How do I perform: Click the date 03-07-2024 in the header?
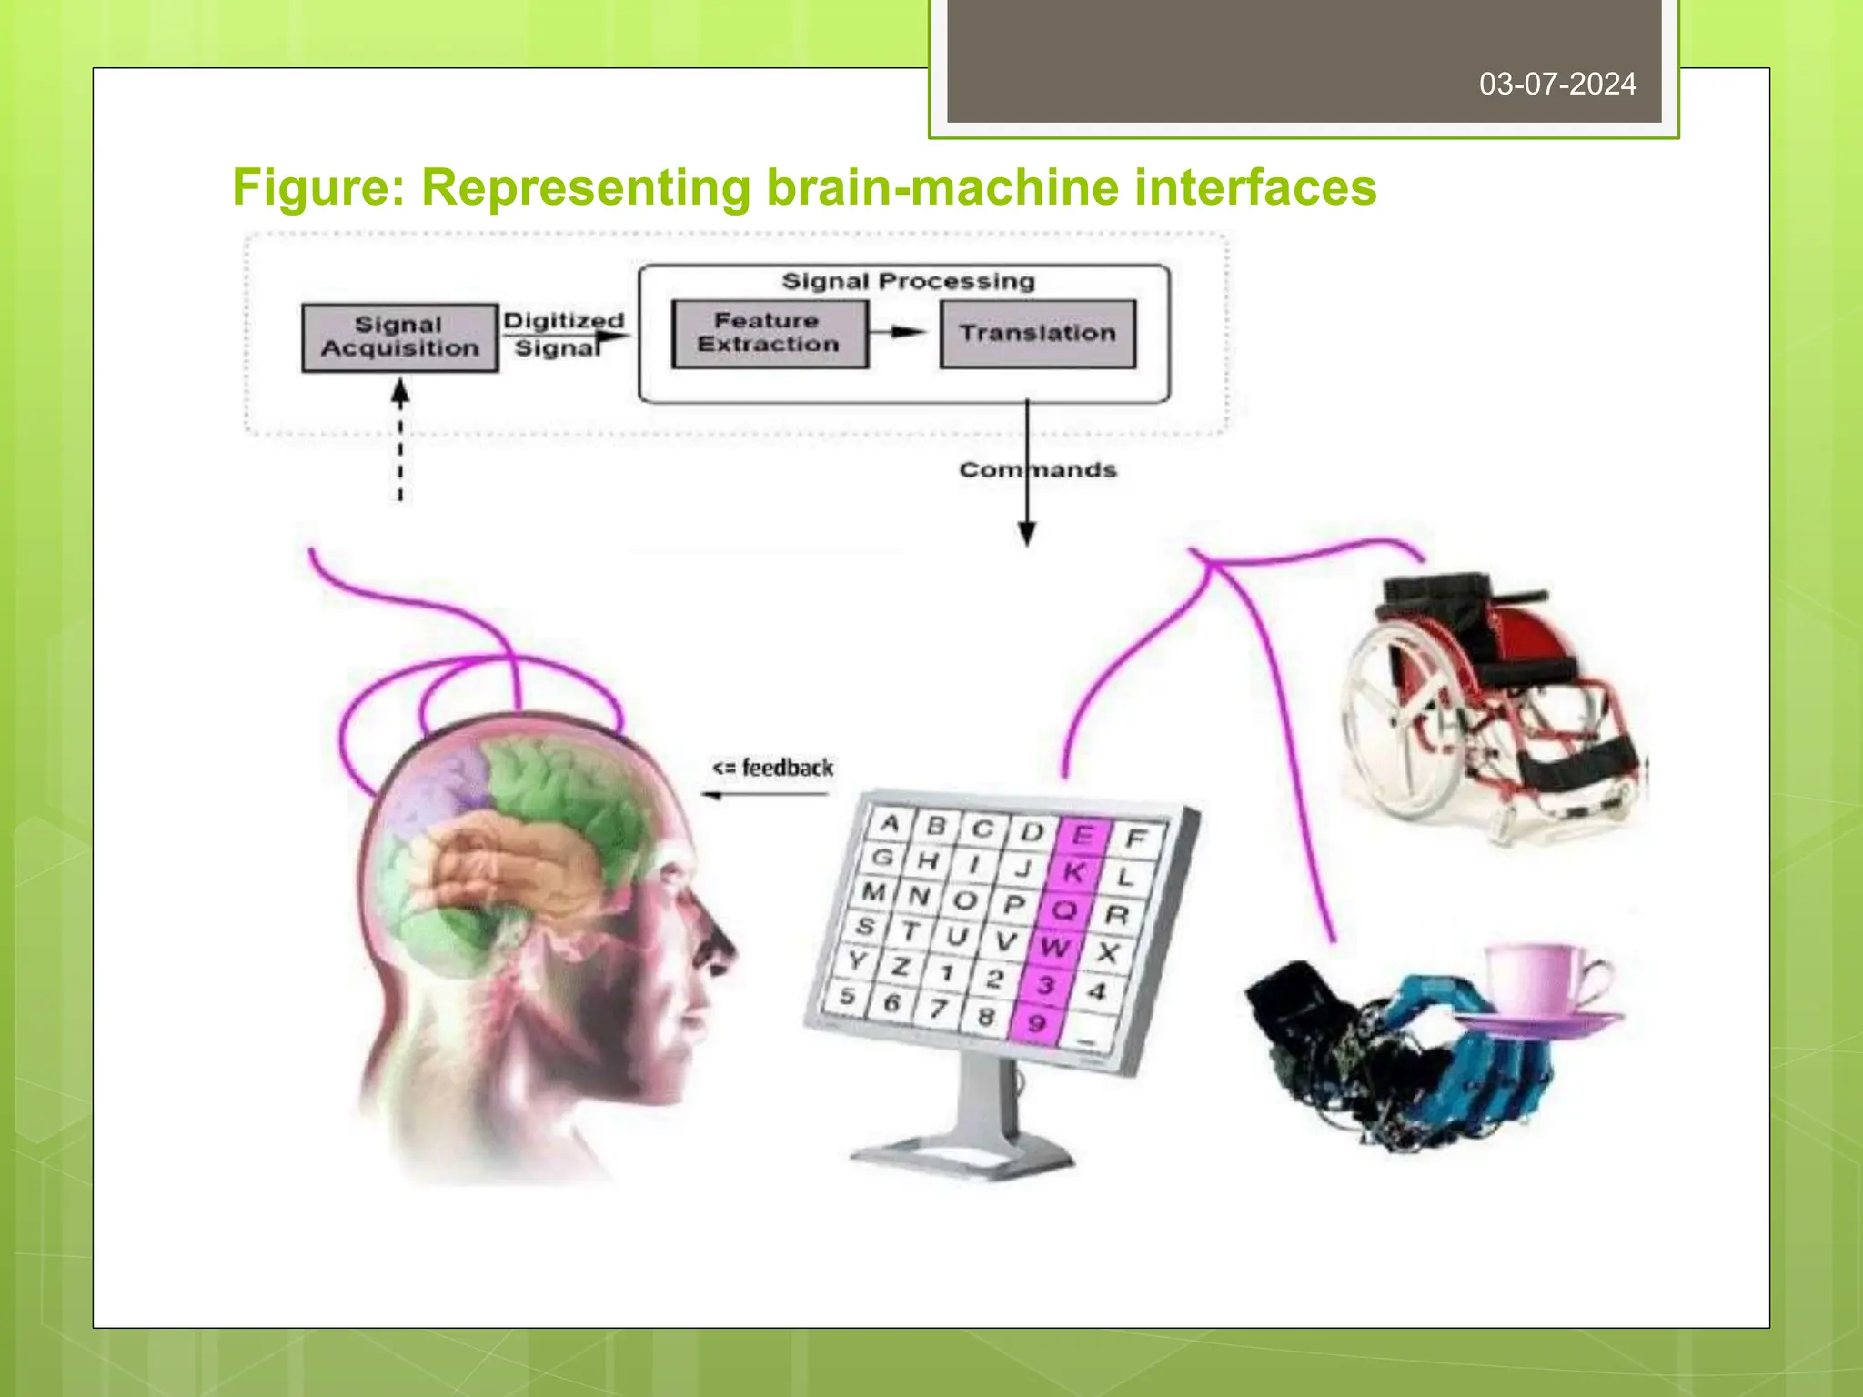(x=1557, y=85)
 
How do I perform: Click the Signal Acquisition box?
(x=400, y=337)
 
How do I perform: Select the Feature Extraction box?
(x=769, y=333)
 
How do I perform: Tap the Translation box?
(x=1038, y=334)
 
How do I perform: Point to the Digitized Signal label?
(x=562, y=334)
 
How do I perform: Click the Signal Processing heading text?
(x=908, y=282)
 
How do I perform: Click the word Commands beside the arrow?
(x=1038, y=470)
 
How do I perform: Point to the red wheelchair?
(x=1492, y=700)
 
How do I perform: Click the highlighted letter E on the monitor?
(x=1082, y=835)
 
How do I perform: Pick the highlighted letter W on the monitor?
(x=1054, y=947)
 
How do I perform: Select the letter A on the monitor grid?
(x=891, y=824)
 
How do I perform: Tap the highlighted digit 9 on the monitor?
(x=1036, y=1023)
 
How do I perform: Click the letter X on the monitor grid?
(x=1107, y=953)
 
